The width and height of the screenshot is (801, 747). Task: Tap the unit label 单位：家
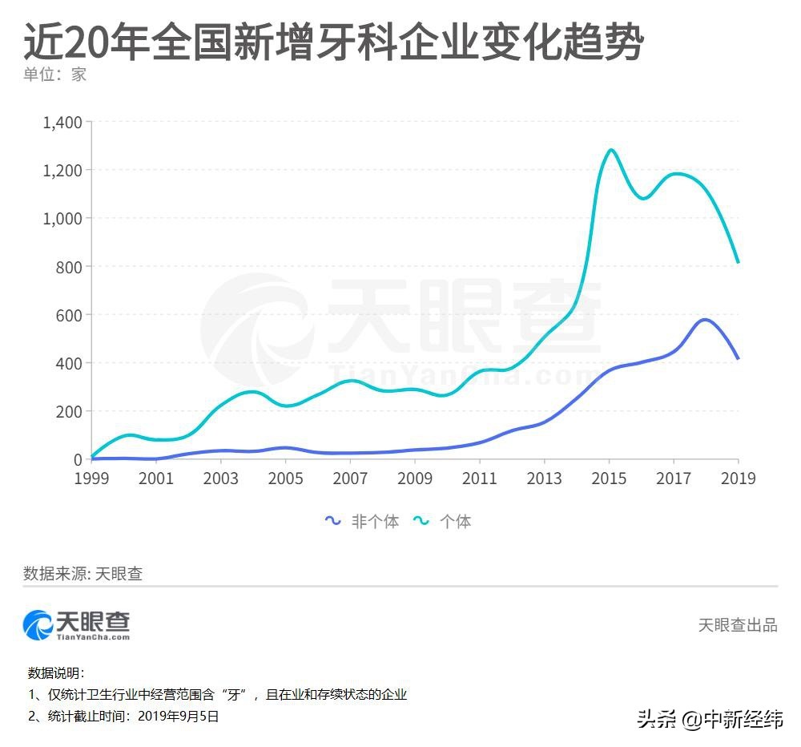pos(54,75)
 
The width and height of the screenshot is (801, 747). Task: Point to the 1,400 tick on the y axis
pos(62,123)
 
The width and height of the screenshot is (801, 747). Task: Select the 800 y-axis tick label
pos(68,267)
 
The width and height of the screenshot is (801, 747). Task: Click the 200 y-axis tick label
pos(68,411)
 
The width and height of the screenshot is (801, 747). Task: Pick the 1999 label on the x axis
pos(92,478)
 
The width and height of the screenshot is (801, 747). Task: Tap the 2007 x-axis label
pos(350,478)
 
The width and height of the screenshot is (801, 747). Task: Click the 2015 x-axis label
pos(609,478)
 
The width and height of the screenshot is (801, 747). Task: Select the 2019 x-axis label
pos(738,478)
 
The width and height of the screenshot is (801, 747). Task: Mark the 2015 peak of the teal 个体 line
pos(610,150)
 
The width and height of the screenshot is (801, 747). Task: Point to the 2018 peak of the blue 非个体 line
pos(704,320)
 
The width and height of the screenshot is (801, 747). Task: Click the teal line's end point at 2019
pos(738,262)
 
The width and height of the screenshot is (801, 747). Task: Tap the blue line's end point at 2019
pos(738,358)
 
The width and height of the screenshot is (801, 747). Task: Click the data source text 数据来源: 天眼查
pos(83,574)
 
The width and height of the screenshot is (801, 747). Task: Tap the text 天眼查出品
pos(737,625)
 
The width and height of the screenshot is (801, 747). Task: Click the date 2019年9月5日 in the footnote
pos(178,717)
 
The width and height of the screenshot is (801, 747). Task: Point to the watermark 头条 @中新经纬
pos(710,719)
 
